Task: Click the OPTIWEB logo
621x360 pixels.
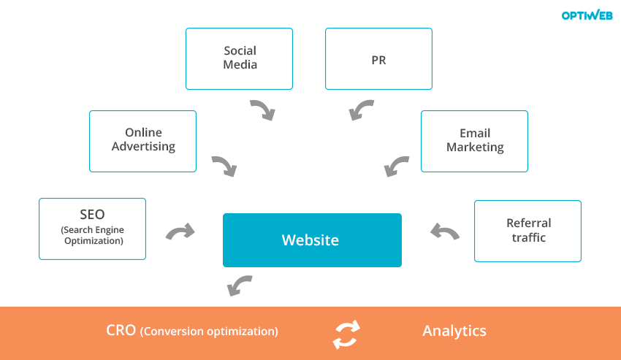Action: coord(587,15)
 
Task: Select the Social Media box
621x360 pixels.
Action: coord(239,58)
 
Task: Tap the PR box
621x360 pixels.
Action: coord(378,59)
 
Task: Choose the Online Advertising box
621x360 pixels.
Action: coord(142,141)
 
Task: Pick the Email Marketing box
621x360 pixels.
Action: coord(474,141)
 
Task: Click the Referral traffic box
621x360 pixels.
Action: coord(527,231)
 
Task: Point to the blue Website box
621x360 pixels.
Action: coord(312,240)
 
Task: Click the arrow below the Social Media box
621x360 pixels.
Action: coord(262,110)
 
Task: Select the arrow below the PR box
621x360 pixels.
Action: coord(362,110)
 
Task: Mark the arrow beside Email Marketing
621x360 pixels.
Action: coord(397,166)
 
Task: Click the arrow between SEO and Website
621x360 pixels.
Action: coord(180,232)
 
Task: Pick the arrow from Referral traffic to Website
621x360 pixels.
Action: coord(444,232)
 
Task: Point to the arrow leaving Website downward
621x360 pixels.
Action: coord(240,286)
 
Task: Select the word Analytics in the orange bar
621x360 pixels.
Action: coord(454,331)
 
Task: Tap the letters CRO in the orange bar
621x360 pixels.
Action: coord(121,331)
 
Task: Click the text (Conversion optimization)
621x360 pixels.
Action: coord(209,332)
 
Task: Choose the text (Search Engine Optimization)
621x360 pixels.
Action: coord(92,235)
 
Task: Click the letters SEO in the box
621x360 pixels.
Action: coord(92,215)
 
